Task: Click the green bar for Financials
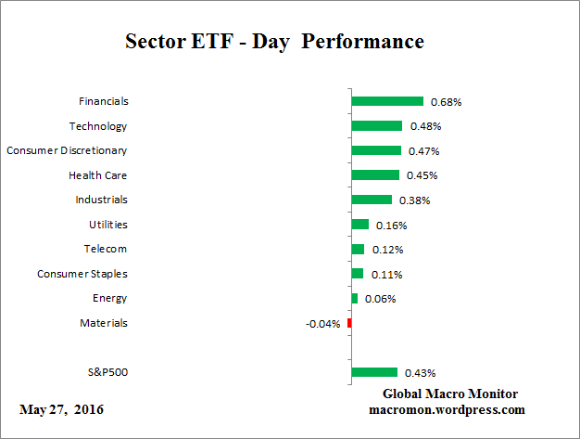click(x=387, y=101)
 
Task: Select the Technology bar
click(x=377, y=125)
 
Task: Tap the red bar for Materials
click(x=349, y=323)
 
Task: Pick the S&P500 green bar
click(x=374, y=372)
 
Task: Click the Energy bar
click(x=355, y=298)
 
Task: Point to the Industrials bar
click(x=372, y=200)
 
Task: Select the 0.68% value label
click(x=447, y=102)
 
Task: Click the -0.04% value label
click(x=323, y=324)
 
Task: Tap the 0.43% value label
click(x=420, y=373)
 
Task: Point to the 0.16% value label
click(x=392, y=225)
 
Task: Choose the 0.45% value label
click(x=422, y=175)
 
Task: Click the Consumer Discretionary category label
click(x=67, y=150)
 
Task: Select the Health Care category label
click(x=97, y=174)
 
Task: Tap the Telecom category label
click(x=106, y=249)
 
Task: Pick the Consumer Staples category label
click(x=82, y=274)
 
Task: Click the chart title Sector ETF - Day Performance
click(x=274, y=42)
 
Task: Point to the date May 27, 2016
click(x=61, y=409)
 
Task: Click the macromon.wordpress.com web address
click(x=448, y=409)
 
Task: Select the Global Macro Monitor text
click(x=450, y=394)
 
